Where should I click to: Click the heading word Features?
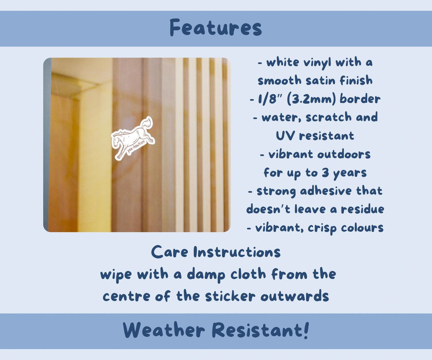click(216, 28)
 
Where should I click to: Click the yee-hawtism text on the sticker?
click(136, 147)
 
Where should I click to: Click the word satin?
click(320, 80)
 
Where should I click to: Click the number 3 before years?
click(325, 173)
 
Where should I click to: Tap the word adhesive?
click(326, 191)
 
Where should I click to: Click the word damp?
click(206, 274)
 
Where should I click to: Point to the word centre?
click(126, 297)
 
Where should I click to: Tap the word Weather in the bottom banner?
click(164, 330)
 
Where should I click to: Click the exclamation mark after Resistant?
click(306, 330)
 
